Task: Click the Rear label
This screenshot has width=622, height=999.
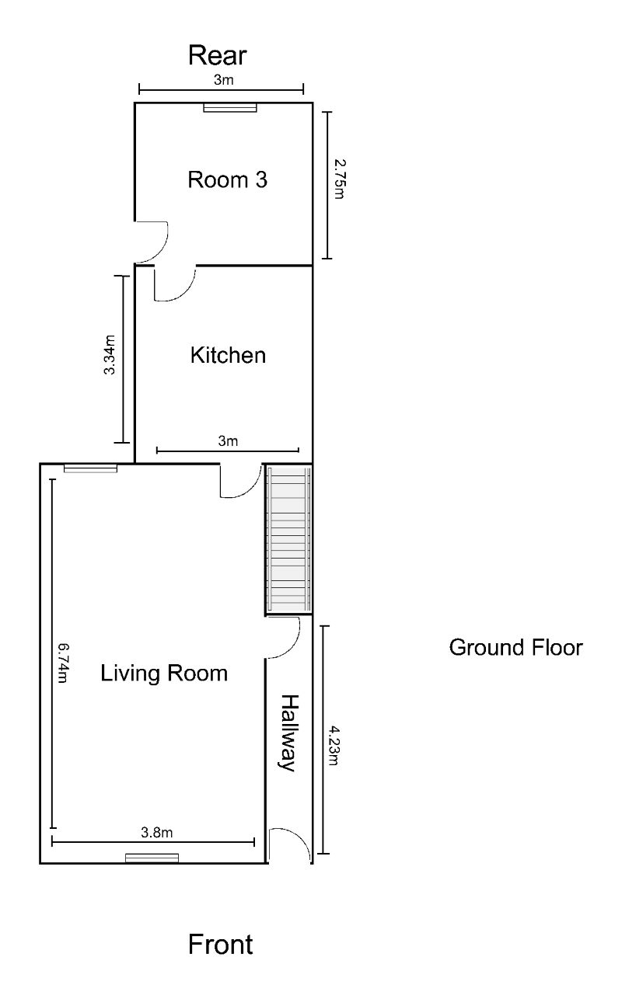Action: point(218,56)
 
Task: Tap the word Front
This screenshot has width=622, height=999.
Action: point(220,945)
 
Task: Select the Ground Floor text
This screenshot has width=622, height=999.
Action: point(515,647)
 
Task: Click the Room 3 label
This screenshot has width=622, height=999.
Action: point(228,180)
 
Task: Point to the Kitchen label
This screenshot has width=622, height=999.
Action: point(228,356)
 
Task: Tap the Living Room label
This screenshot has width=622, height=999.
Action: point(164,673)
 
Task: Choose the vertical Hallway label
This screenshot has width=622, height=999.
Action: point(289,733)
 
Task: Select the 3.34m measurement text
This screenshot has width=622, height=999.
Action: point(110,355)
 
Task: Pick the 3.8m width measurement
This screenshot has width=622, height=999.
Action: point(156,833)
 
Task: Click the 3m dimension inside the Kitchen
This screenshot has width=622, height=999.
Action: point(227,441)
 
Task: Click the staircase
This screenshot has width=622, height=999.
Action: point(288,540)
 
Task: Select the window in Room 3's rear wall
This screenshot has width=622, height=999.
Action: point(230,107)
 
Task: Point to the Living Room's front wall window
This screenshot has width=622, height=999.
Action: point(152,858)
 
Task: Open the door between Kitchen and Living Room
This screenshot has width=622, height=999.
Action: point(241,481)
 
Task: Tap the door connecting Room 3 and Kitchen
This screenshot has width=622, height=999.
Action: point(174,283)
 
